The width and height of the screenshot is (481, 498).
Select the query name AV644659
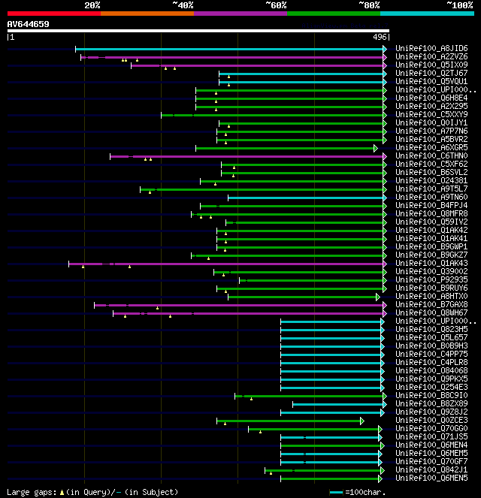coord(29,24)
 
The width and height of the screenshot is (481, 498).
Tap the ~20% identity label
coord(92,5)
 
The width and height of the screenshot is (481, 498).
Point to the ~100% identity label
coord(459,5)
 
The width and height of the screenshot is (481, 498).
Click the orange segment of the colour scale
coord(147,13)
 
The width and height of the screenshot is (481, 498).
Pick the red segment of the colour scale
coord(53,13)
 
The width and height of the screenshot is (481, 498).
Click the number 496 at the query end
coord(379,36)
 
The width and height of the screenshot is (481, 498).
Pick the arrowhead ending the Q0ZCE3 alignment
coord(362,421)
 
